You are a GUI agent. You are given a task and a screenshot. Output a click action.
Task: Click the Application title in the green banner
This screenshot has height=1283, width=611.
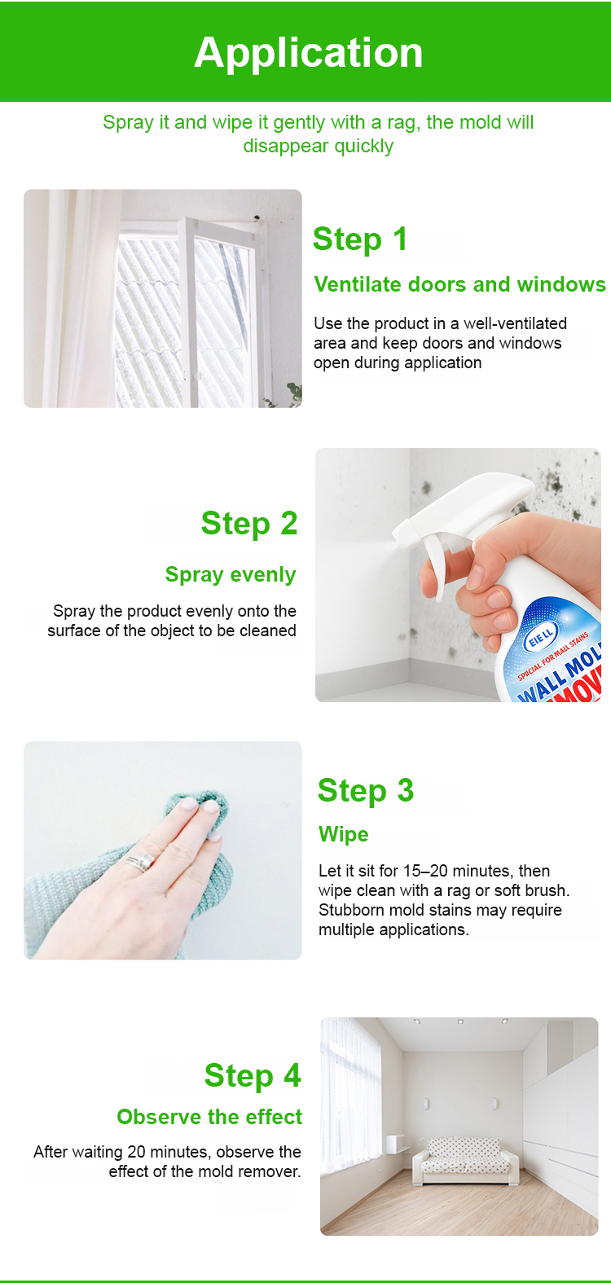(308, 53)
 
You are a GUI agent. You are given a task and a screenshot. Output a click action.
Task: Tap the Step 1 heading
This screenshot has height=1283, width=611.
(359, 239)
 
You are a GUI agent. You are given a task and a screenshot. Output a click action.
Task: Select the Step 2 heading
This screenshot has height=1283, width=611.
(249, 524)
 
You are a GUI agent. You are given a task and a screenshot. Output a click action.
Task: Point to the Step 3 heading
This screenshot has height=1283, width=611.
(365, 791)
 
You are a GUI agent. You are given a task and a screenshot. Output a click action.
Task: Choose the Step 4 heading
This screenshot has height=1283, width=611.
(253, 1075)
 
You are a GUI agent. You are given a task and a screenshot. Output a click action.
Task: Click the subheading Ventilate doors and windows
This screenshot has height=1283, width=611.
(459, 284)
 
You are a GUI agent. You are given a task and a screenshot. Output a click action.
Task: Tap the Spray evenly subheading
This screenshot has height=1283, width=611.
(231, 574)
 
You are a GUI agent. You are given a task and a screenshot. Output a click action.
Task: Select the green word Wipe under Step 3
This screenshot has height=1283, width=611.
(344, 834)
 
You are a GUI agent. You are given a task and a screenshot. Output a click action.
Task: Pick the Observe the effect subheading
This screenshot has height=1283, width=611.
(209, 1117)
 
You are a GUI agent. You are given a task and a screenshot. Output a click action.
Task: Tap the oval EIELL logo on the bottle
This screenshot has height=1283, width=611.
(541, 636)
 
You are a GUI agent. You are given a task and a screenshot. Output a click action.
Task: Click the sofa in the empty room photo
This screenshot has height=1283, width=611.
(465, 1160)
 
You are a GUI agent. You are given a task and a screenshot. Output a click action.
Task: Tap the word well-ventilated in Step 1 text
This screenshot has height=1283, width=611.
(515, 323)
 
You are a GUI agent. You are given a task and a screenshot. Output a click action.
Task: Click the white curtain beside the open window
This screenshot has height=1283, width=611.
(72, 298)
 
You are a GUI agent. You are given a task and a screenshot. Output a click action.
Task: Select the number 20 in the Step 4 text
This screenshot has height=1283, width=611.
(136, 1152)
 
